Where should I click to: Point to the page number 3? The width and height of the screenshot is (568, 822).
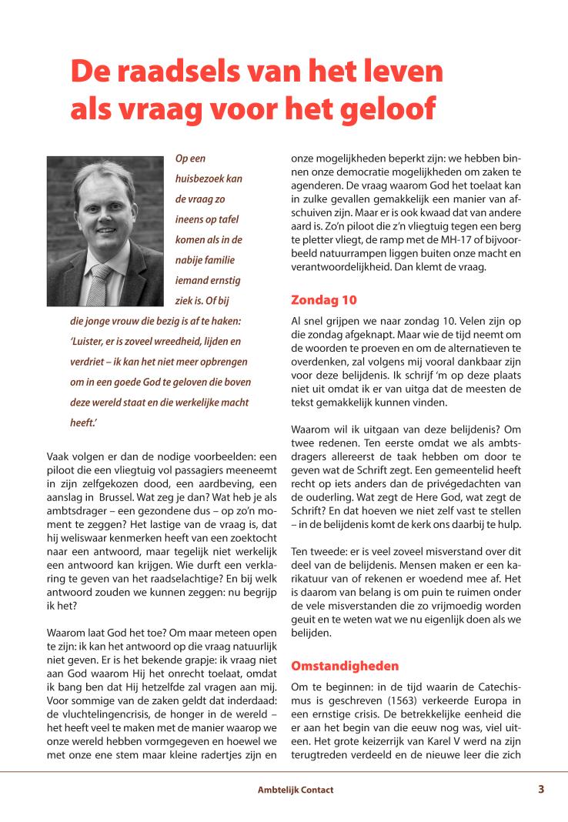point(541,789)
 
